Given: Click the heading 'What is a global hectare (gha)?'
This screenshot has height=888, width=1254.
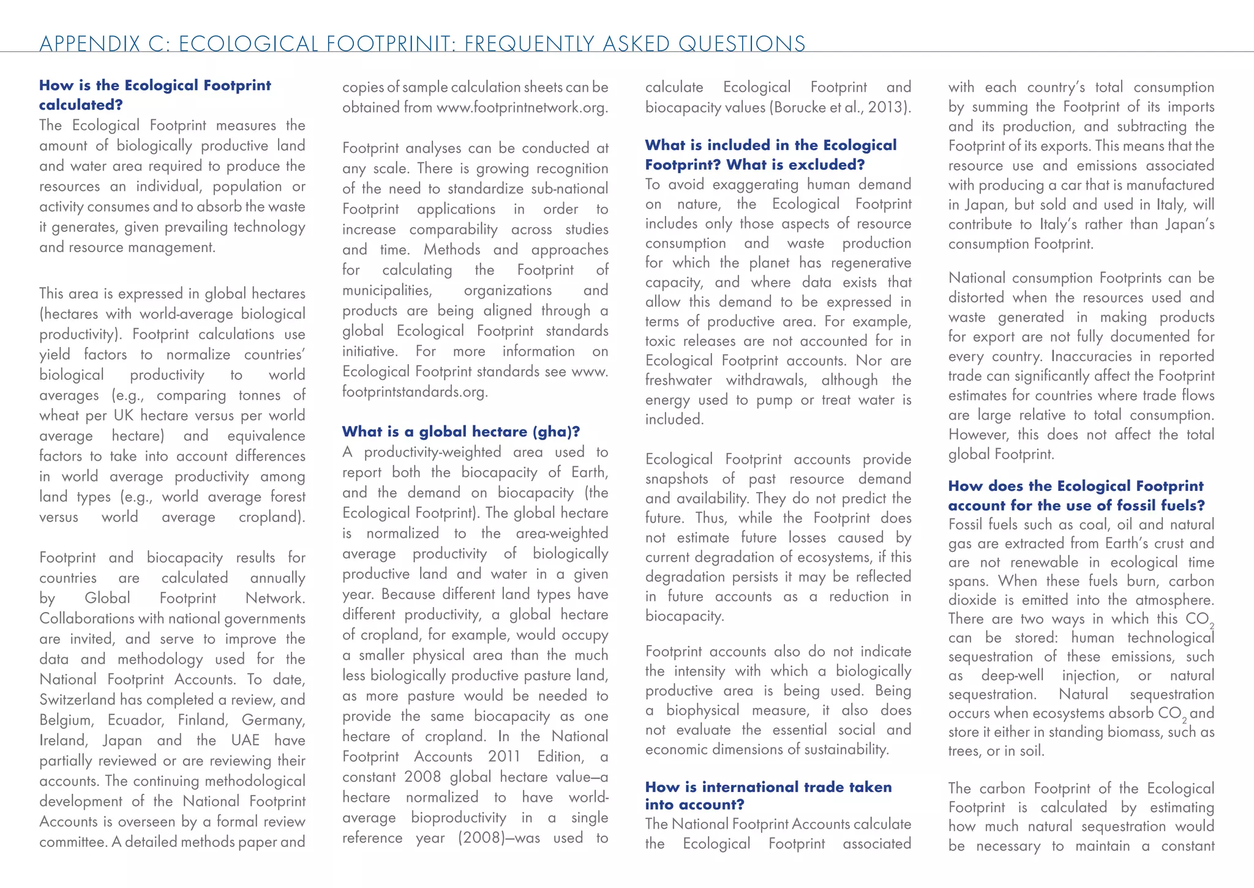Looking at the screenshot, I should coord(460,432).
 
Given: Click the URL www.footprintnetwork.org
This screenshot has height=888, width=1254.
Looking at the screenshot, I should coord(522,108).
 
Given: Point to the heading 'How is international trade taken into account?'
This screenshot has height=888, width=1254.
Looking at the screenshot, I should coord(768,796).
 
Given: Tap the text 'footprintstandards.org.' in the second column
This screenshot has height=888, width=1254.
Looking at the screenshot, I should coord(415,392).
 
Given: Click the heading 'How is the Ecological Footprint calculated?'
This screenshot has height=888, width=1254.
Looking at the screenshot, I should coord(154,95).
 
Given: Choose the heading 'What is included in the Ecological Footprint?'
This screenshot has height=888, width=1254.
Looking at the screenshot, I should coord(770,155).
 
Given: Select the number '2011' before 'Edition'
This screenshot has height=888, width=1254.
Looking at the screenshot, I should coord(504,757).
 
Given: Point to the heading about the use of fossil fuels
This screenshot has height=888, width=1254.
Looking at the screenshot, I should coord(1076,496).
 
